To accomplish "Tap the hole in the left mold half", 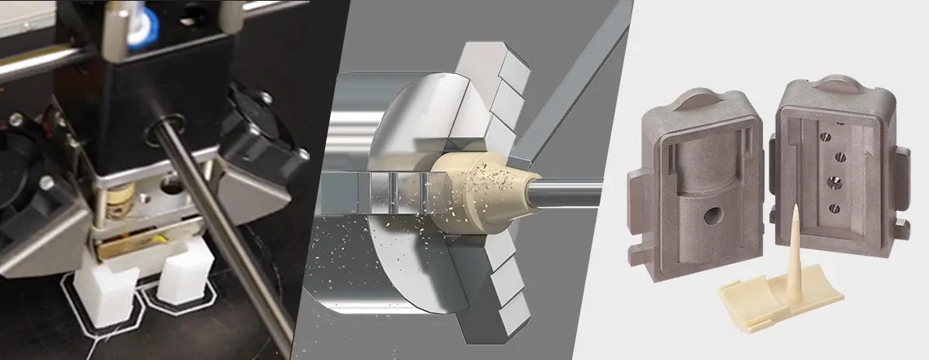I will click(x=712, y=216).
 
